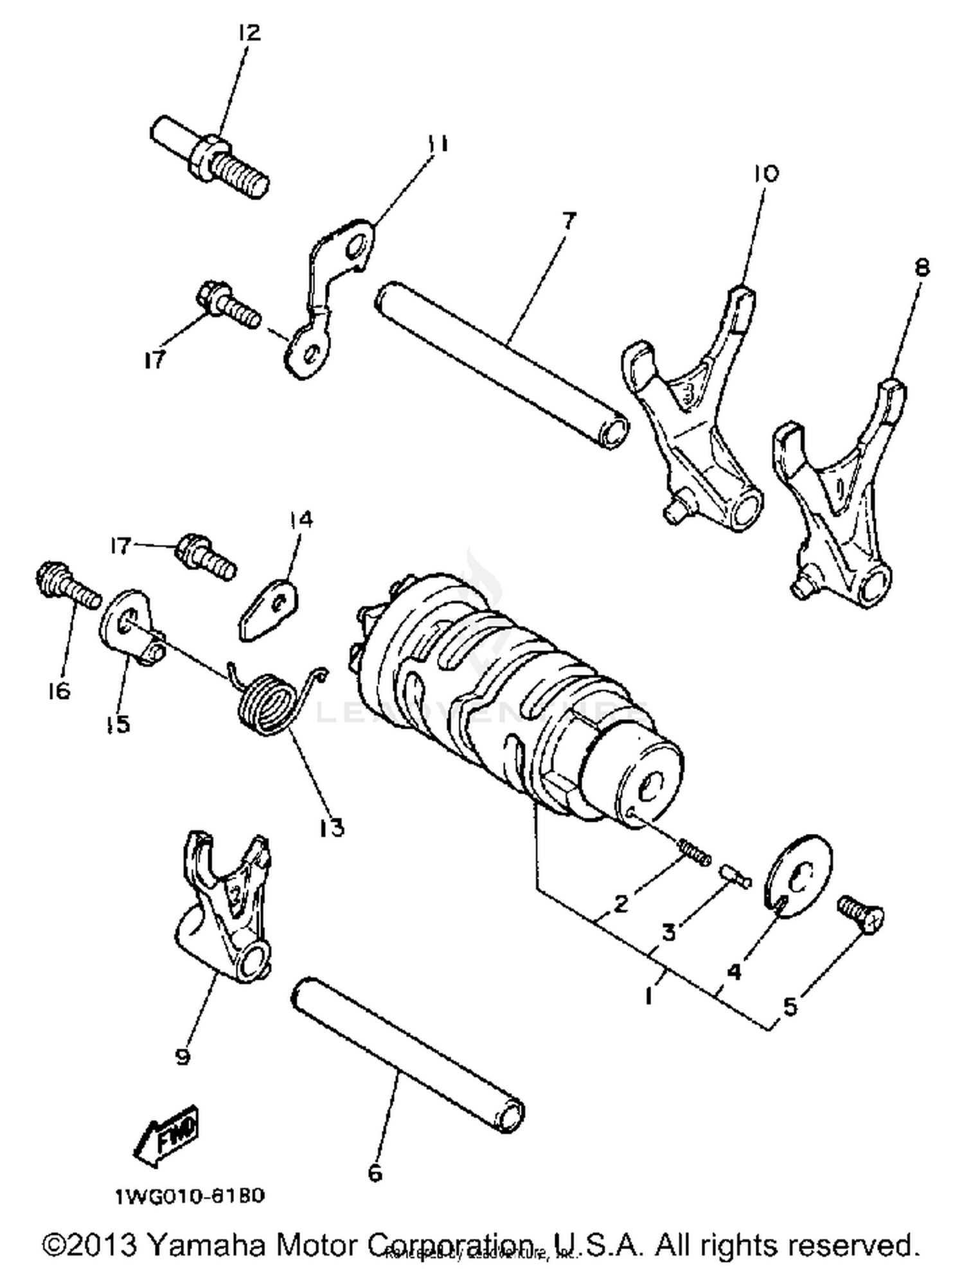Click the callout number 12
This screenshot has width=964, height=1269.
tap(249, 32)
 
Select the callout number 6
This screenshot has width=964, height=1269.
tap(375, 1173)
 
